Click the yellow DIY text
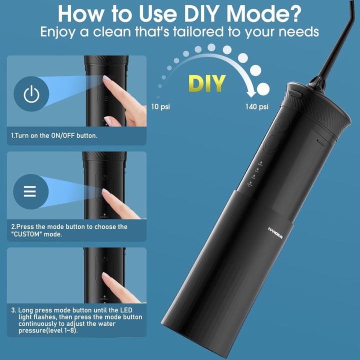[x=206, y=83]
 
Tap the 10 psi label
[x=160, y=106]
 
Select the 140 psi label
[x=256, y=106]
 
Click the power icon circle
[x=31, y=93]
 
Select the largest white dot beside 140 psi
[x=263, y=89]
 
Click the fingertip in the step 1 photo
[x=106, y=78]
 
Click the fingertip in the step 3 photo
[x=106, y=275]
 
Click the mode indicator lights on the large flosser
[x=254, y=174]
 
